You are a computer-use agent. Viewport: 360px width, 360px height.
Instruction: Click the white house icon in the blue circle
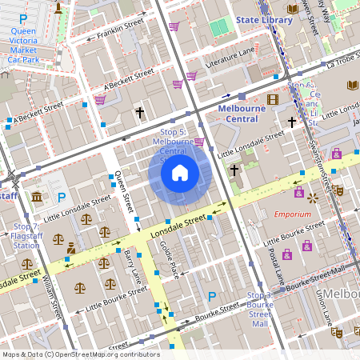point(179,172)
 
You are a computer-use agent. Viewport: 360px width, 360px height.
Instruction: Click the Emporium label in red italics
point(292,214)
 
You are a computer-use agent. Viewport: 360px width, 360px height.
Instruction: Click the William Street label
point(55,297)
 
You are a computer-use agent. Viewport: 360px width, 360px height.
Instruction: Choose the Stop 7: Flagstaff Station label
point(27,236)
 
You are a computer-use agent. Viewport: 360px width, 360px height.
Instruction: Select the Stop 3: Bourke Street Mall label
point(259,310)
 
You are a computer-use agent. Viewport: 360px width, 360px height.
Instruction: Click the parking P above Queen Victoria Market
point(23,18)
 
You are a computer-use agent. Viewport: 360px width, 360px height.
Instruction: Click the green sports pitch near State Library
point(218,28)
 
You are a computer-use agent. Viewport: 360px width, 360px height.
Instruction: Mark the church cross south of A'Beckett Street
point(140,113)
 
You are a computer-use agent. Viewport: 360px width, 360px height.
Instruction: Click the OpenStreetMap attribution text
point(80,354)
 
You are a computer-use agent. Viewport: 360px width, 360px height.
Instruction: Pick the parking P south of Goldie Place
point(212,297)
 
